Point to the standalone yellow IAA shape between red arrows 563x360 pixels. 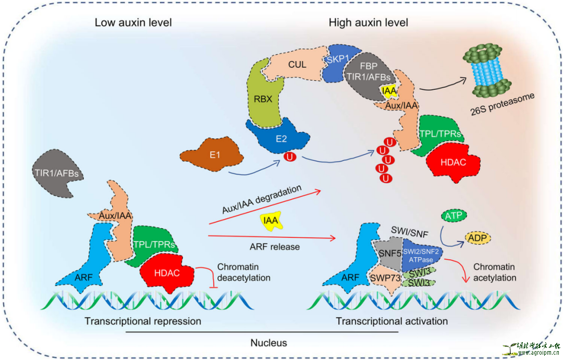271,220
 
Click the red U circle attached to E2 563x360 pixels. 287,156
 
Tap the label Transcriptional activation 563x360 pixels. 391,321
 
